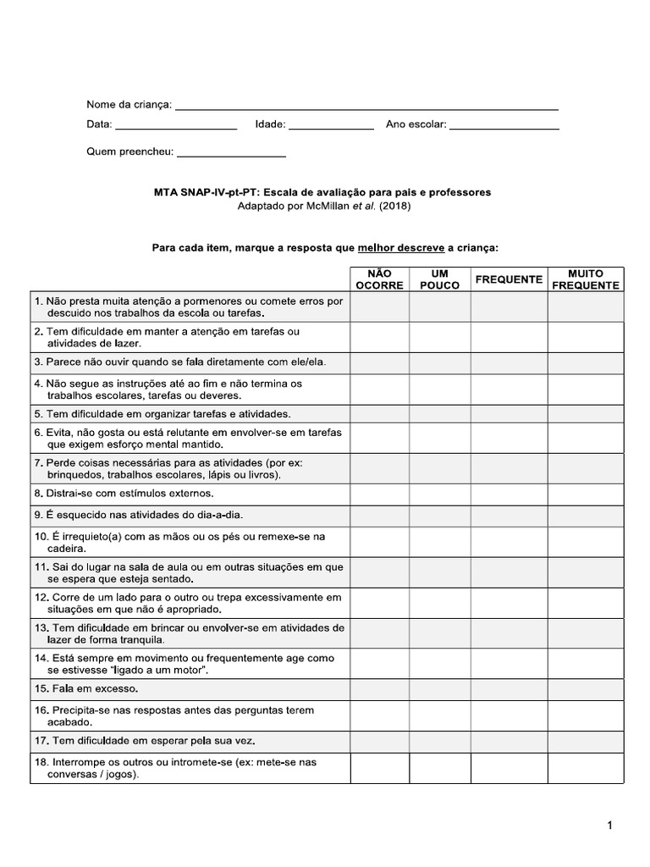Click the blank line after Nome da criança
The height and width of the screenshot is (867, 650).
(x=366, y=108)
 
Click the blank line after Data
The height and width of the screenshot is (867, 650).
(x=175, y=127)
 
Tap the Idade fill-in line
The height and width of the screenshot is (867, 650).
(x=331, y=127)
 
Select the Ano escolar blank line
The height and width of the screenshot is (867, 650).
(x=504, y=127)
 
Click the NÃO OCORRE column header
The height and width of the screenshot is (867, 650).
(x=380, y=279)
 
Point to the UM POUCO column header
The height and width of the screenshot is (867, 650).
(x=440, y=279)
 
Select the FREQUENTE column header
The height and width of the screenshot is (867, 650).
(x=509, y=279)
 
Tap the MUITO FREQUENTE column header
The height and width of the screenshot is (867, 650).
(x=585, y=279)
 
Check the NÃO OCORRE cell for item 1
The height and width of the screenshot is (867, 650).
(x=380, y=307)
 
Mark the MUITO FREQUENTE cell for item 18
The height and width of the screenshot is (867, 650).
(x=585, y=768)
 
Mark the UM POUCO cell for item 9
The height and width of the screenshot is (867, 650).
(x=440, y=516)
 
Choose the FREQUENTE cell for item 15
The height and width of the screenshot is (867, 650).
(x=509, y=689)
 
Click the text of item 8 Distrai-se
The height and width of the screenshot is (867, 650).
(x=124, y=494)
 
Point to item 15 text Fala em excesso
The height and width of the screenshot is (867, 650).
(x=89, y=689)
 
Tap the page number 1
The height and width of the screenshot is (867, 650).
(x=609, y=826)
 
